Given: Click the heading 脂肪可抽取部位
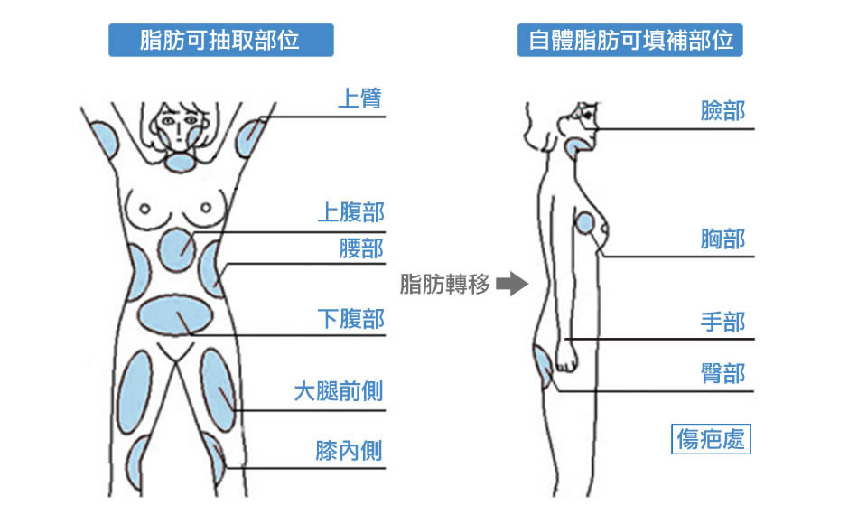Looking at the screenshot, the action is [220, 40].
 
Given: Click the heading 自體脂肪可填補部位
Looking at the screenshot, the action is [629, 40].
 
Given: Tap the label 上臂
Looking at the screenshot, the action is [360, 98].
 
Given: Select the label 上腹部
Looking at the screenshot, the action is [351, 212].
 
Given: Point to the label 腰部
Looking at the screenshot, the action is [361, 248].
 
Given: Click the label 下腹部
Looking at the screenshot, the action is [351, 319].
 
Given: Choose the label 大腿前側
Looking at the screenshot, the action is [339, 391].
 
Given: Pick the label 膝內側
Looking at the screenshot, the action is [349, 450].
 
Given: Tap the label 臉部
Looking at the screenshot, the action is [722, 110].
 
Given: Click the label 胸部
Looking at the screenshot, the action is [722, 239].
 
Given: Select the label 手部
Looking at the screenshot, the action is [722, 322].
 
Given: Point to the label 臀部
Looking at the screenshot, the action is [722, 373].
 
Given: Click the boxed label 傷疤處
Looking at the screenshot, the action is [711, 439].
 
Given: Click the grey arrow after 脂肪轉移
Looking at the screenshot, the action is [512, 284].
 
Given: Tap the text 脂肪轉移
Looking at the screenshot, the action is [445, 285].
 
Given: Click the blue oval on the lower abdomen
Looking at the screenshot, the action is [174, 316].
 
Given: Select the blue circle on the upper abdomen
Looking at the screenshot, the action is [177, 249].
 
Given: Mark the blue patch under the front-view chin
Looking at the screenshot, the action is [181, 162].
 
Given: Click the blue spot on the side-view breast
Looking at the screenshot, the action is [585, 223].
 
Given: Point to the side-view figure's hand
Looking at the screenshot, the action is [565, 358].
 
